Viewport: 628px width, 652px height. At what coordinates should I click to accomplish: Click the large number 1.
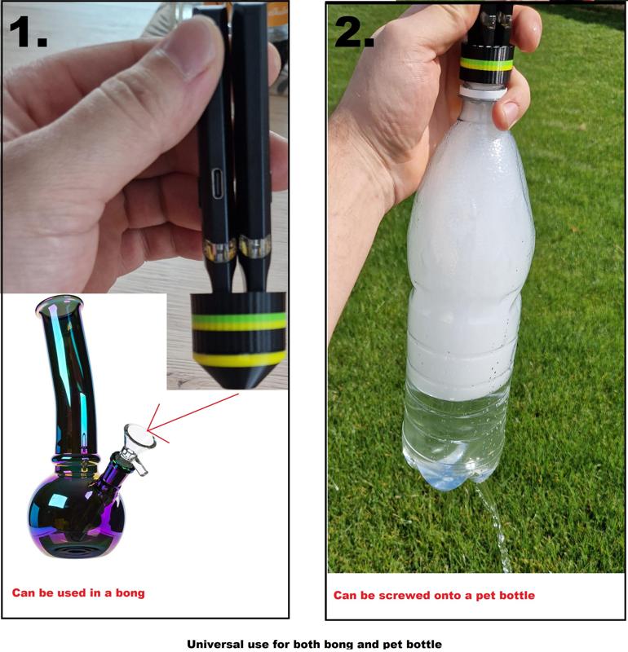coord(28,32)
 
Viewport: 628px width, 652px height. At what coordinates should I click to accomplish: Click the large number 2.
coord(354,32)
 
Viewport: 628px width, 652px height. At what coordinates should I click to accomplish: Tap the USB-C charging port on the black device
coord(218,185)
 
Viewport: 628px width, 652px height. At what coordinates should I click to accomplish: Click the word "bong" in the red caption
coord(130,593)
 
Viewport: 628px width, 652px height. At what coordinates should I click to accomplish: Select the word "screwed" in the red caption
coord(411,596)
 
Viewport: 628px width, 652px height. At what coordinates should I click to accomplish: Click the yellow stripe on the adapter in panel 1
coord(240,359)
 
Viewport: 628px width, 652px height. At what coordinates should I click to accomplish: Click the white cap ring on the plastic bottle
coord(483,91)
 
